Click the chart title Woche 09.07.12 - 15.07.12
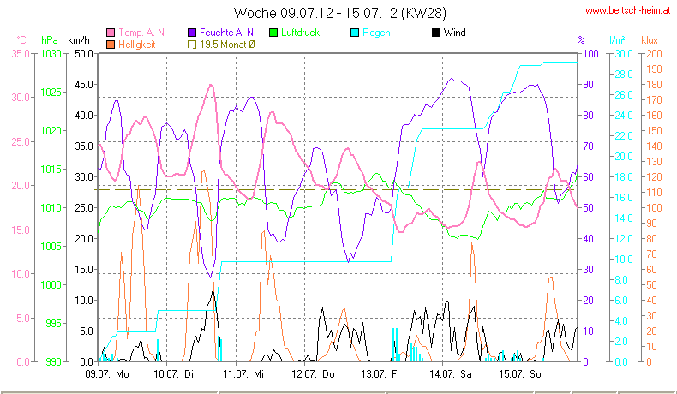pos(338,13)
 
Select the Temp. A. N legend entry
pos(141,33)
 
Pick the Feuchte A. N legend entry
pos(220,33)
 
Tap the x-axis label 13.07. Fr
pos(381,374)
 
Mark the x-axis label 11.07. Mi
pos(244,374)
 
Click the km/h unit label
pos(78,40)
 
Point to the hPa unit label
pos(49,40)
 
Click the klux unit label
pos(650,40)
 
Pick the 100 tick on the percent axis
pos(590,53)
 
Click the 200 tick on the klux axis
pos(654,53)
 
